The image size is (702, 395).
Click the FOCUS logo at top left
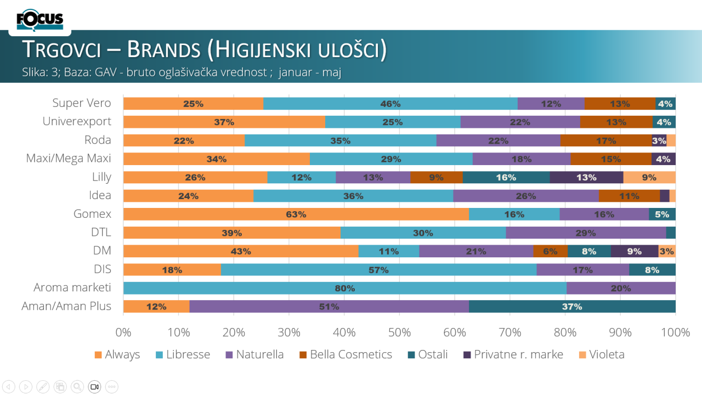(40, 20)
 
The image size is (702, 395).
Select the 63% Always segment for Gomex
(296, 214)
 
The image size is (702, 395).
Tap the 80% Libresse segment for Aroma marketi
(345, 288)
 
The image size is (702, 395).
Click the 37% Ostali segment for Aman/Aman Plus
(572, 306)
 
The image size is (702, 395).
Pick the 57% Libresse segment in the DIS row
(378, 269)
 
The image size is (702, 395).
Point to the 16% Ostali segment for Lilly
(506, 177)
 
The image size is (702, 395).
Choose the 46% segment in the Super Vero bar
(390, 103)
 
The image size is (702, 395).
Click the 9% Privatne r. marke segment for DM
(635, 251)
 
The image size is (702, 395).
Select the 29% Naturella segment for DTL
(586, 233)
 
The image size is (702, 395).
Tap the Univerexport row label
(77, 121)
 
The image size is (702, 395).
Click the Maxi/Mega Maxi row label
(69, 159)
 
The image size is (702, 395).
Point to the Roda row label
(98, 140)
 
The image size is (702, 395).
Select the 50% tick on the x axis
(400, 332)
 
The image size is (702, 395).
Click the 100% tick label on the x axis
(675, 332)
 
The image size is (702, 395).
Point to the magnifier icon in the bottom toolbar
(77, 386)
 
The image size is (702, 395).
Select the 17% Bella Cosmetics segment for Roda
(606, 140)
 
